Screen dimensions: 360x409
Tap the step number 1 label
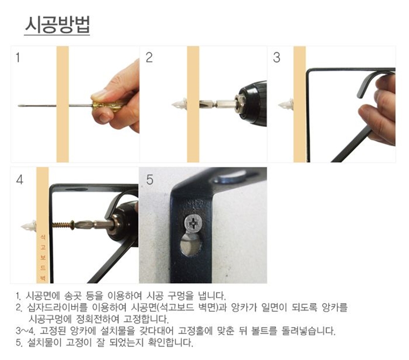[x=18, y=57]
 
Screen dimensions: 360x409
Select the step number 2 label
[x=149, y=57]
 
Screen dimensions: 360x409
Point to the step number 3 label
[x=277, y=57]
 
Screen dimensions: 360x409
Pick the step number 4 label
[x=19, y=180]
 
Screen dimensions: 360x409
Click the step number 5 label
[x=150, y=180]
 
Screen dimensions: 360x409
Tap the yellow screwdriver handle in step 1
[x=105, y=106]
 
